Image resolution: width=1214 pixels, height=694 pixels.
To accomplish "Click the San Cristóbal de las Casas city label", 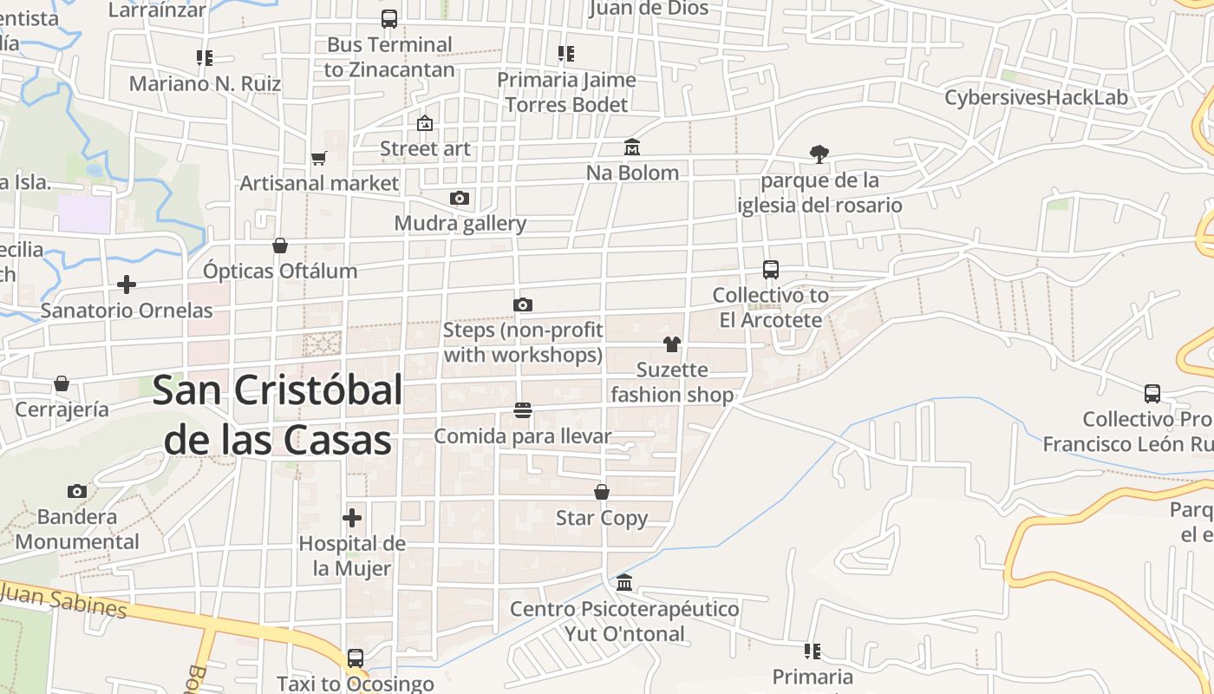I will (277, 416).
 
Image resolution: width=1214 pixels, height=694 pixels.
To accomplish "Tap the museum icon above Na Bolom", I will (632, 147).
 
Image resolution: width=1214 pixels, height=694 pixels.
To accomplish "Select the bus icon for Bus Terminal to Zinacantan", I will (389, 19).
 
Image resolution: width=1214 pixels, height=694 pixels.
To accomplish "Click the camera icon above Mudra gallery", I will (460, 198).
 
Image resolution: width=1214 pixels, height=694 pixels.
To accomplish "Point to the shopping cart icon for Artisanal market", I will (318, 158).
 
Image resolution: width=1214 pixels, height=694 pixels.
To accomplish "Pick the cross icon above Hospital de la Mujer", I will (352, 518).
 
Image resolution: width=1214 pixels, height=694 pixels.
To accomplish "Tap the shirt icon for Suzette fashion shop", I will (672, 344).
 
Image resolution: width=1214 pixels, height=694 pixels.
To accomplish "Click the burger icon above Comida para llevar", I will (522, 410).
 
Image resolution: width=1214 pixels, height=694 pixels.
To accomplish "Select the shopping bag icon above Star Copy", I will (602, 492).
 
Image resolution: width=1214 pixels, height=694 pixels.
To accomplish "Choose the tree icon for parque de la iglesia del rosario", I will (819, 154).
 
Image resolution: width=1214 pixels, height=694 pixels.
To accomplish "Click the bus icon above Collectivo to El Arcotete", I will (771, 270).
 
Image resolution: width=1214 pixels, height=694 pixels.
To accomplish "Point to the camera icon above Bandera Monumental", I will (77, 491).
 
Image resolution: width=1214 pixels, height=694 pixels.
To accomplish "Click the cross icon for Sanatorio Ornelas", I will (127, 285).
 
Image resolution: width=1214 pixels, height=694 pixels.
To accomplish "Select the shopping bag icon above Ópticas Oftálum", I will (280, 246).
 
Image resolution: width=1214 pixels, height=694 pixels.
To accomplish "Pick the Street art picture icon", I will (425, 123).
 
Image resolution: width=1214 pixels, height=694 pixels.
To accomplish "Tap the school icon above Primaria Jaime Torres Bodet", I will (566, 54).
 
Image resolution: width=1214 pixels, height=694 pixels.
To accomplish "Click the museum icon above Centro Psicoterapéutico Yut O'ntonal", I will (624, 582).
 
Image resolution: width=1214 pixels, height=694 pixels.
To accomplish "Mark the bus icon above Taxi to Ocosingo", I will (356, 658).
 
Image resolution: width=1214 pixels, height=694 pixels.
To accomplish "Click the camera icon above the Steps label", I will (522, 304).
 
